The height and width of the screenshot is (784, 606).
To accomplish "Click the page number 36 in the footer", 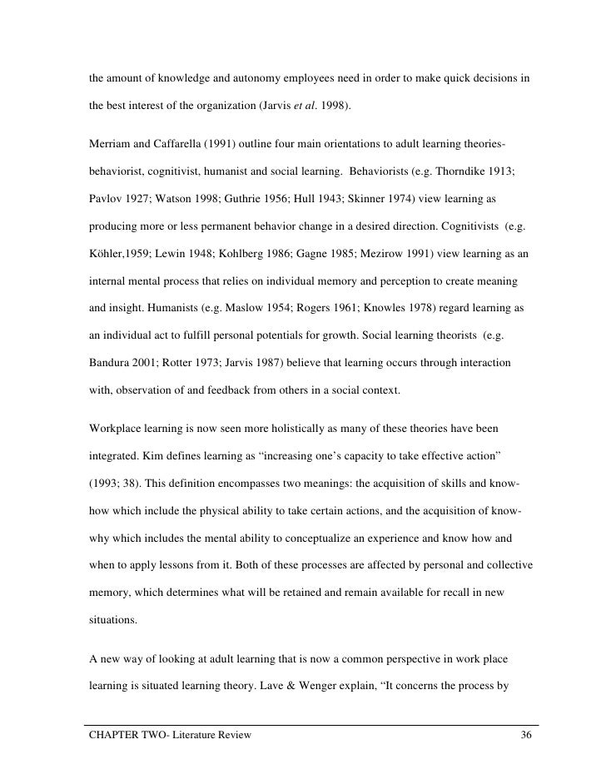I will (x=525, y=736).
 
